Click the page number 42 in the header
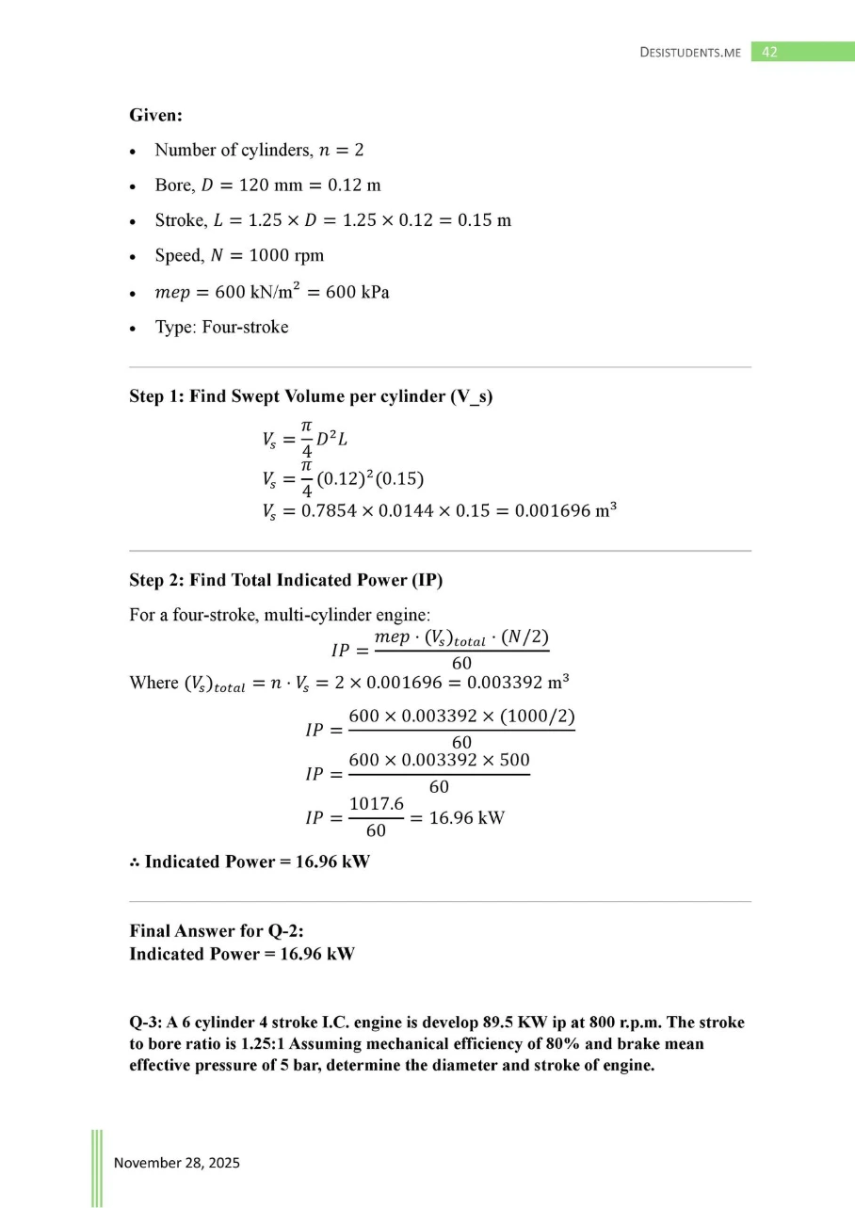coord(769,53)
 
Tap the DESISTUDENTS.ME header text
coord(690,53)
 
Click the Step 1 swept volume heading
coord(311,397)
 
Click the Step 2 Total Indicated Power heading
coord(285,580)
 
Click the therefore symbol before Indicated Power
coord(135,862)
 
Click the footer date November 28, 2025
coord(177,1163)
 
